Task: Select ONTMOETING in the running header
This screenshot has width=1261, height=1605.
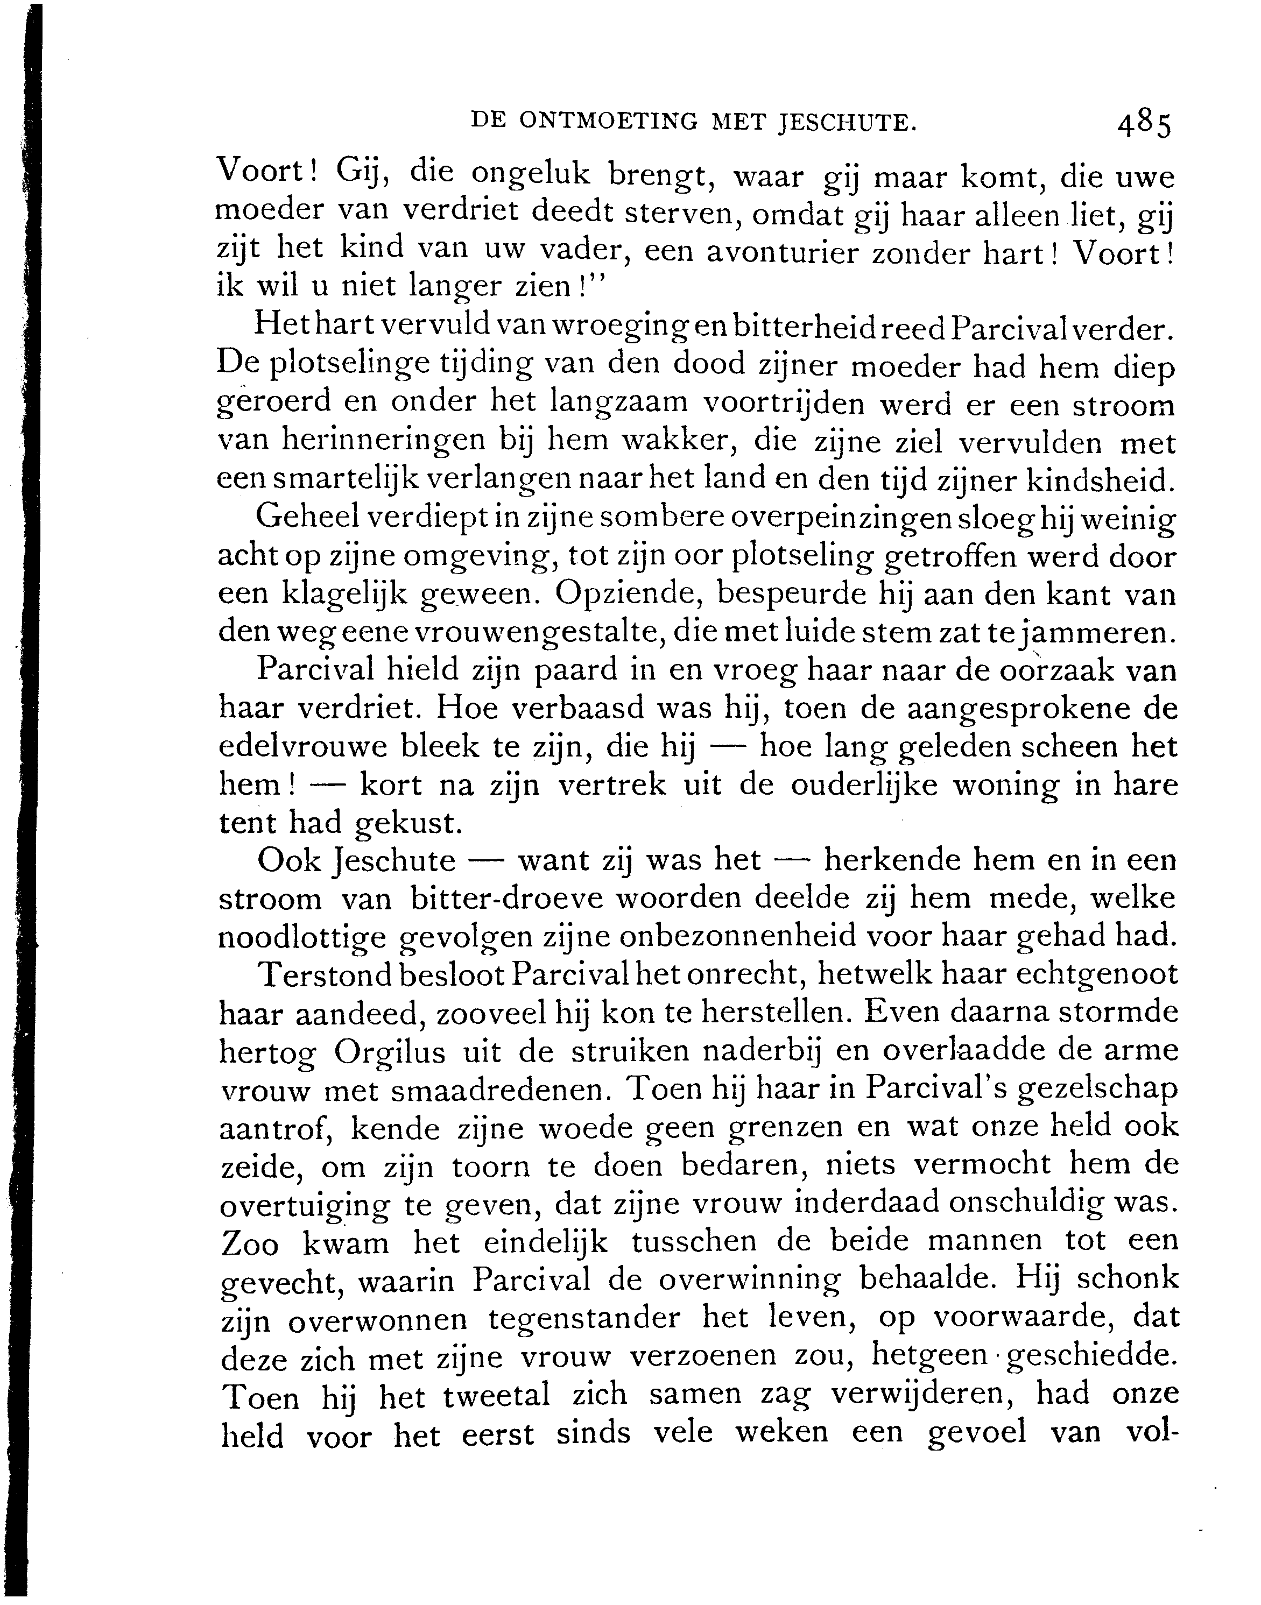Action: tap(608, 121)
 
